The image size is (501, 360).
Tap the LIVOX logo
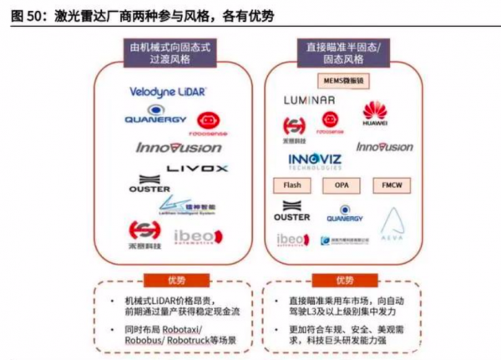click(197, 168)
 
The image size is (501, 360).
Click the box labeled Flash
click(291, 185)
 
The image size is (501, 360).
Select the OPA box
click(342, 185)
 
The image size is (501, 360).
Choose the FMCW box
click(390, 185)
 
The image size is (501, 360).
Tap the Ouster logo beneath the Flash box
click(291, 212)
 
